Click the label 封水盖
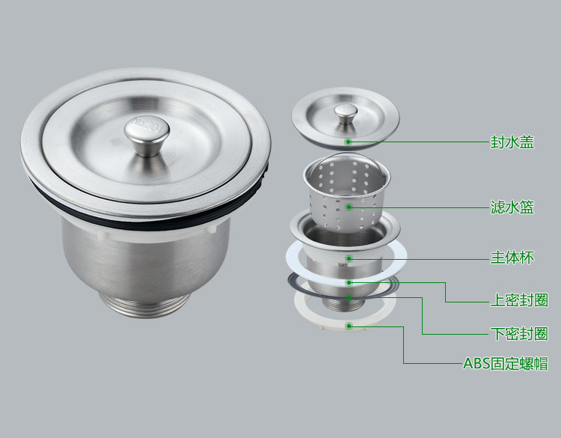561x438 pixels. pos(512,142)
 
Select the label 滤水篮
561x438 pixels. pos(512,207)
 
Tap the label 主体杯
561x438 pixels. pos(512,258)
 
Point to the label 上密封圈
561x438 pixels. pos(519,300)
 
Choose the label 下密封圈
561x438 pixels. pos(519,334)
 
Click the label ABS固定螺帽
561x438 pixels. pos(506,364)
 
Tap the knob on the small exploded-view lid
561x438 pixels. pos(346,114)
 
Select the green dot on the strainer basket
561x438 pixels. pos(349,207)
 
